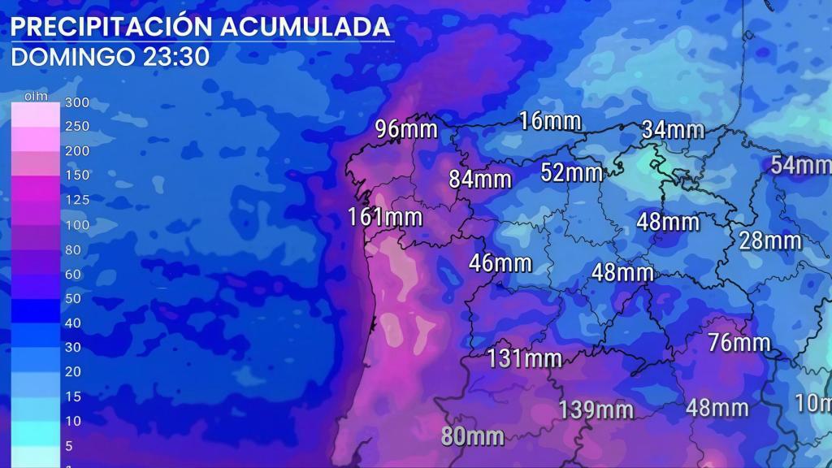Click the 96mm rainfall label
[x=406, y=129]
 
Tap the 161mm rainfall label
[x=385, y=217]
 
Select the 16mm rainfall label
[x=550, y=122]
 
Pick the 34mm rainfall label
[x=673, y=129]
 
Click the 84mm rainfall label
[x=480, y=178]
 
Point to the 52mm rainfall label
[x=572, y=172]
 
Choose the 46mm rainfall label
[x=500, y=263]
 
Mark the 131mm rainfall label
[x=525, y=357]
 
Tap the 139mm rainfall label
[x=596, y=409]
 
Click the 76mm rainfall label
[x=739, y=343]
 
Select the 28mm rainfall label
[x=770, y=240]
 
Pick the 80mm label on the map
[x=473, y=436]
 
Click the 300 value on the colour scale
[x=76, y=102]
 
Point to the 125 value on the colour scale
[x=76, y=200]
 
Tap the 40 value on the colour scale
[x=73, y=323]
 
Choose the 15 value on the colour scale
[x=73, y=396]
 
